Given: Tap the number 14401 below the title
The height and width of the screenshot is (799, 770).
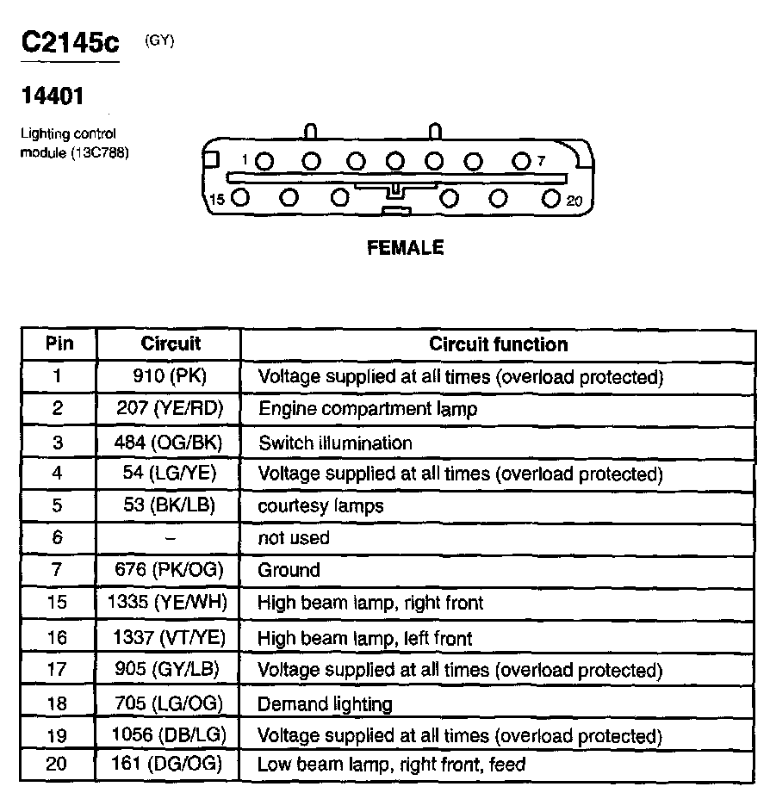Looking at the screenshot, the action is point(53,96).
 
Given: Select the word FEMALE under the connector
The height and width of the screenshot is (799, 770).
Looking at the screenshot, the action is point(405,248).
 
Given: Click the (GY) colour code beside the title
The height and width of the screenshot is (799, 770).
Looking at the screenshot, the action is point(159,40).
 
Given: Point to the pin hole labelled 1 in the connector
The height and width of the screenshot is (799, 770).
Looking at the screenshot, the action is point(265,161).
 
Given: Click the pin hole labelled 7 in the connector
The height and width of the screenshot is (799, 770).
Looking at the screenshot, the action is point(520,161).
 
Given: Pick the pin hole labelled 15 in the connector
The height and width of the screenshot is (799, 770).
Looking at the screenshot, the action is point(241,198).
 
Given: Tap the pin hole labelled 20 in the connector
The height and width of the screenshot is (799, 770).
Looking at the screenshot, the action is point(552,198).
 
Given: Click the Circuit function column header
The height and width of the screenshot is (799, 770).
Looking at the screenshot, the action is point(499,344).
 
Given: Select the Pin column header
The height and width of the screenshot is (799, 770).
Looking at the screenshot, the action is point(59,344).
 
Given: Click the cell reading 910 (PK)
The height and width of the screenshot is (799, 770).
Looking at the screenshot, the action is point(170,376).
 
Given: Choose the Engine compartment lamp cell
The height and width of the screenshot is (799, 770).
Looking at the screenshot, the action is point(368,409).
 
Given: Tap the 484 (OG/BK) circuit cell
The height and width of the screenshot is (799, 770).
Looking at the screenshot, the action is point(169,443).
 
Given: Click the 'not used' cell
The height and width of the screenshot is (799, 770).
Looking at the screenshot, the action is point(294,538).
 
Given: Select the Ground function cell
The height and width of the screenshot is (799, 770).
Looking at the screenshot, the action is point(289,570).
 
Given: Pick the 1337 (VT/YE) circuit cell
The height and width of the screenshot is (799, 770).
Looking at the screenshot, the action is point(169,638).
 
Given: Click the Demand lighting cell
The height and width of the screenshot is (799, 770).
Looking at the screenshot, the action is point(325,704).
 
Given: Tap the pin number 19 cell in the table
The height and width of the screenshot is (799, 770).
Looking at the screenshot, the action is point(57,736).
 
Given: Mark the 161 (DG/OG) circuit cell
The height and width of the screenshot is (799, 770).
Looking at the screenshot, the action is point(169,764).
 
